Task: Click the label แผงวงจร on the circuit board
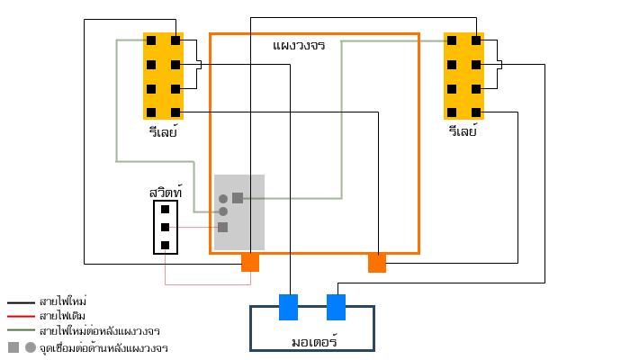point(298,45)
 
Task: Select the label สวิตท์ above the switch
point(166,193)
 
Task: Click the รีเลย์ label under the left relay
point(163,131)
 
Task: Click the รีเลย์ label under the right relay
point(463,131)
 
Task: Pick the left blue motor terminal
point(288,307)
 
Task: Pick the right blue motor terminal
point(336,307)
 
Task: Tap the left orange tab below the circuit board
point(250,262)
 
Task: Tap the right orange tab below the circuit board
point(377,262)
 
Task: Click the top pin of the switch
point(165,209)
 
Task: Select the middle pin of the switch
point(165,227)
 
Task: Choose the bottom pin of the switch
point(165,245)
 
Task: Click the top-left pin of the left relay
point(150,40)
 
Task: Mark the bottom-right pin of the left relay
point(175,112)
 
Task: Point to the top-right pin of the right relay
point(476,40)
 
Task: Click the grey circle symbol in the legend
point(31,346)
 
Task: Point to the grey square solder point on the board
point(238,198)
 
